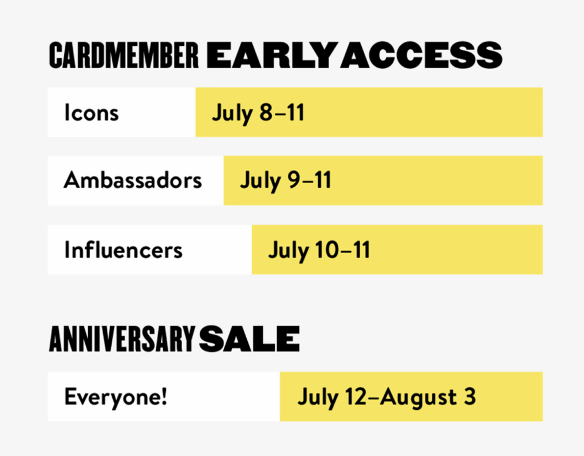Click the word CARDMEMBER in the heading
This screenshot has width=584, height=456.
(x=124, y=55)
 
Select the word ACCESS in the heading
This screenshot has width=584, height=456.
(x=421, y=55)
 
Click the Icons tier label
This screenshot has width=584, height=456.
(x=91, y=112)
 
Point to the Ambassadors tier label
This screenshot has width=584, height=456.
(x=133, y=181)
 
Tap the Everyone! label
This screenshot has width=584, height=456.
(x=116, y=397)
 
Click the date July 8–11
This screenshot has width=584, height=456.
(x=258, y=113)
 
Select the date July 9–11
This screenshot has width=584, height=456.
(x=286, y=181)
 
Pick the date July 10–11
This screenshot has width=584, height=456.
(x=319, y=250)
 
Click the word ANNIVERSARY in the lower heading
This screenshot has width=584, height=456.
(x=122, y=339)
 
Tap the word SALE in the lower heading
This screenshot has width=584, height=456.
(x=249, y=339)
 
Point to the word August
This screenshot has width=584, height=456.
(x=419, y=398)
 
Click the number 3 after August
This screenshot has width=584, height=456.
(x=469, y=396)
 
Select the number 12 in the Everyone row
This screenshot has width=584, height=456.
(x=356, y=396)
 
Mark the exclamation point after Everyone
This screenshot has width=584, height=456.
(x=164, y=396)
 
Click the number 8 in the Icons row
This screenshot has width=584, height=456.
(x=266, y=112)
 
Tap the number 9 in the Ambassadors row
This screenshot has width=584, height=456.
(x=294, y=181)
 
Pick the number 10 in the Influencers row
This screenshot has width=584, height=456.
(x=327, y=249)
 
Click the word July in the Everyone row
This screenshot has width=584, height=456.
(x=318, y=398)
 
